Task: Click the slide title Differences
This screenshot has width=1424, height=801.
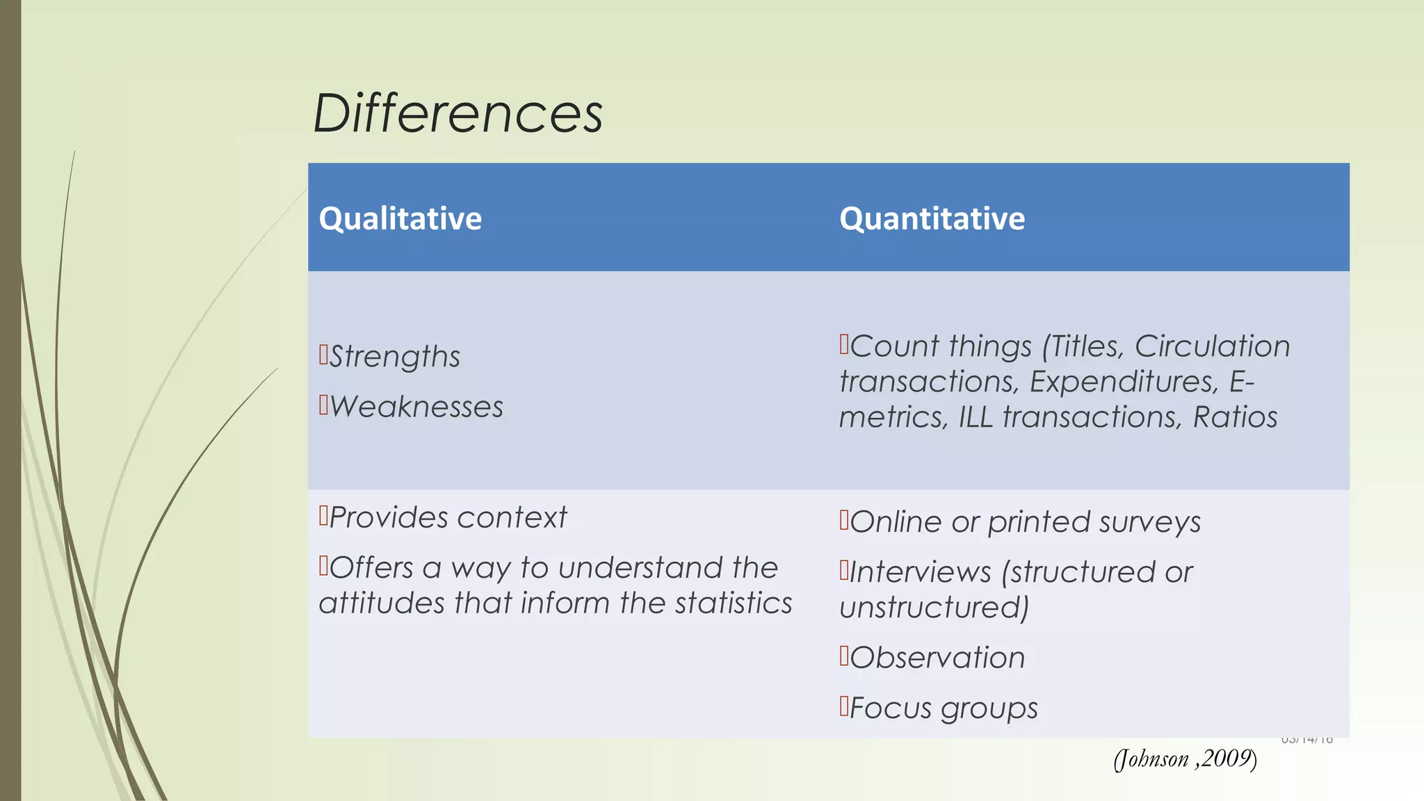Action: coord(458,113)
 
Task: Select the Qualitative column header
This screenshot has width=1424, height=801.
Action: coord(400,218)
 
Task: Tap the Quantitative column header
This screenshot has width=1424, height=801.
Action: coord(932,218)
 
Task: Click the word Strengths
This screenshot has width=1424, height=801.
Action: coord(394,357)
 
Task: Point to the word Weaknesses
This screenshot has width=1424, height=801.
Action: coord(416,407)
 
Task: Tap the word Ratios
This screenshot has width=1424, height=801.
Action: coord(1235,417)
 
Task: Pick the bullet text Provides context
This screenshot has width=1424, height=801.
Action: coord(447,518)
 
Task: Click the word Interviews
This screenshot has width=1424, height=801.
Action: coord(920,572)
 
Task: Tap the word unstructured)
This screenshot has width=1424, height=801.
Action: coord(934,608)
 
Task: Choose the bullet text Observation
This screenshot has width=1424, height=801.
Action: coord(937,658)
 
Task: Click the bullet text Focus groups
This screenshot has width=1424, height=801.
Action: coord(943,709)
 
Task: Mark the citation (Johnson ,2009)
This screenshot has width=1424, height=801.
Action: coord(1185,759)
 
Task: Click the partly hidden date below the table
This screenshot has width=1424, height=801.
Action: coord(1306,740)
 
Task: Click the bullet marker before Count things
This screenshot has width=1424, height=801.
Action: coord(844,343)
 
